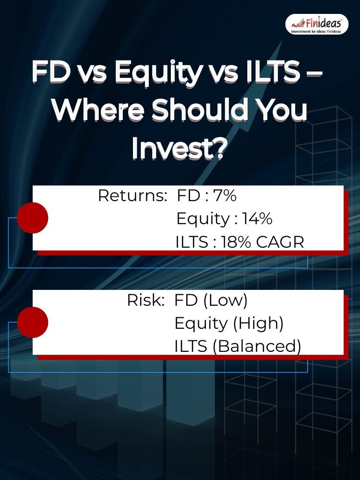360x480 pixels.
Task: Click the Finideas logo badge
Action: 317,24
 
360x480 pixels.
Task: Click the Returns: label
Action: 132,196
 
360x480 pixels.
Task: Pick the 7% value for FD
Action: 225,195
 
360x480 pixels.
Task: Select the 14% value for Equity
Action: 257,218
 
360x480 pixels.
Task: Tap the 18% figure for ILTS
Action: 236,242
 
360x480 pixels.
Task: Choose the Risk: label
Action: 146,300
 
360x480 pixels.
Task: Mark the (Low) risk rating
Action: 225,300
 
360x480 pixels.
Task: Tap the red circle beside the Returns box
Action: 33,217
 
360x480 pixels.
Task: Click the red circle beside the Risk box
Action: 33,322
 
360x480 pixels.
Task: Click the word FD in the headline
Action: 51,72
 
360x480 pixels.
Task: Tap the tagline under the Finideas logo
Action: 316,32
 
